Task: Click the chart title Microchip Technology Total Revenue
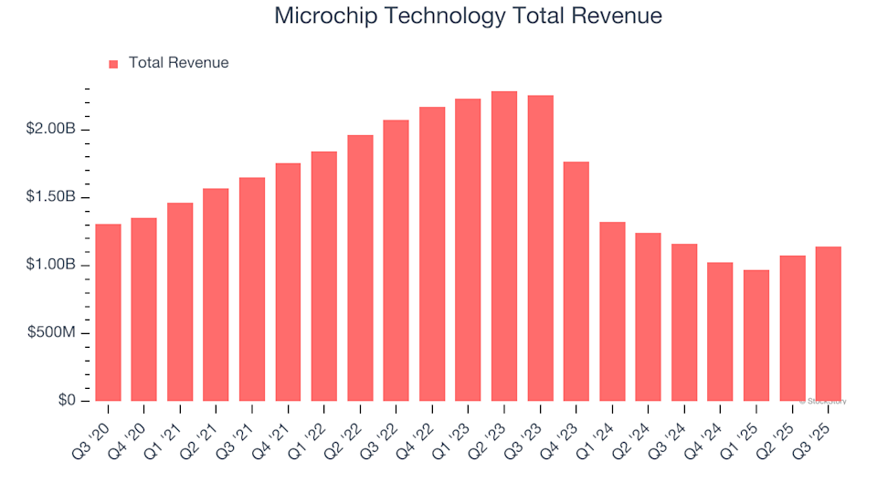[x=468, y=16]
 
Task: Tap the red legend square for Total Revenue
[x=113, y=64]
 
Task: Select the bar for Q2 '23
[x=504, y=246]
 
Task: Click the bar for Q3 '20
[x=108, y=312]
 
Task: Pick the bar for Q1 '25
[x=756, y=335]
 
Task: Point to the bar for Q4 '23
[x=576, y=281]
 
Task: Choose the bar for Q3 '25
[x=829, y=323]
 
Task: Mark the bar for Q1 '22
[x=324, y=276]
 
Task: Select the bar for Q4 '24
[x=720, y=331]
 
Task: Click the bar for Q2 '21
[x=216, y=295]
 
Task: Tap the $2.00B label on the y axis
[x=52, y=130]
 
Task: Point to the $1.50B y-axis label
[x=52, y=197]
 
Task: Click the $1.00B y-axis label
[x=52, y=266]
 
